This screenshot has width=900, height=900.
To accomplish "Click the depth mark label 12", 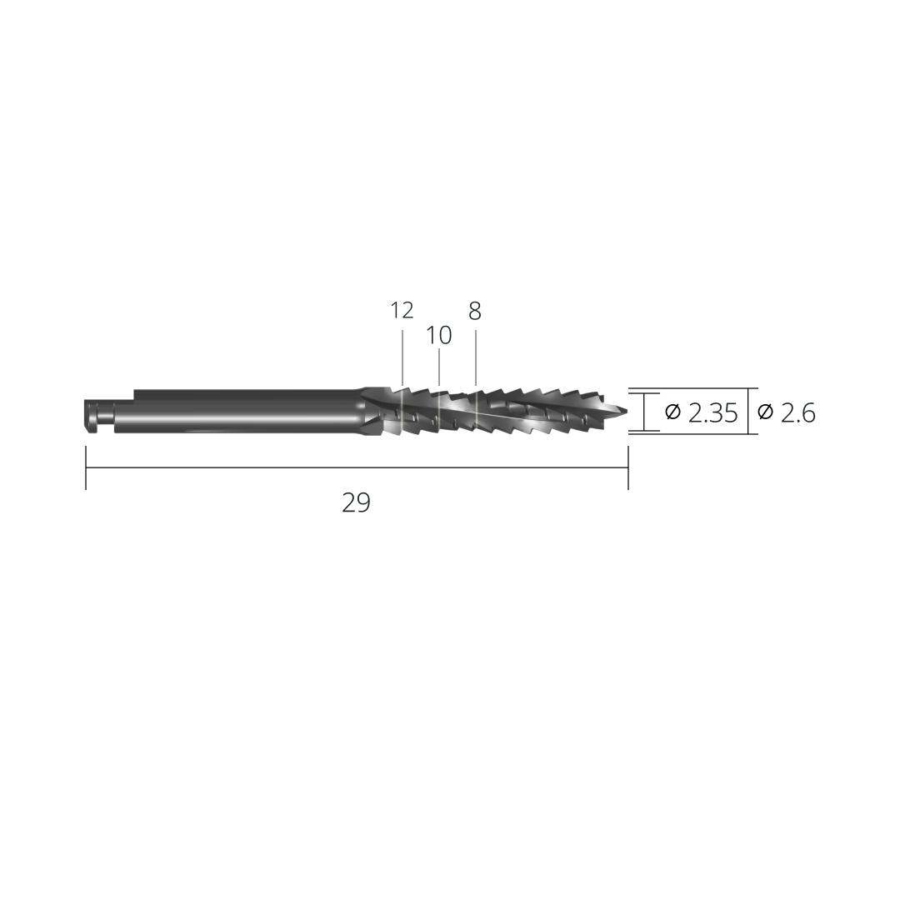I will pos(402,311).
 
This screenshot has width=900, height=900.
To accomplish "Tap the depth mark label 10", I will pos(438,336).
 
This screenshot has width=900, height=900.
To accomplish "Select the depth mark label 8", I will pos(475,312).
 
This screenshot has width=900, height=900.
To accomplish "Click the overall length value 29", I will pos(356,502).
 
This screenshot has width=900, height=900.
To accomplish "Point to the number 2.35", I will pos(713,412).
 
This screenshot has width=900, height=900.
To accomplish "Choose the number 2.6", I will pos(798,412).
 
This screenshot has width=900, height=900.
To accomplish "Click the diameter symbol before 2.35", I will pos(672,412).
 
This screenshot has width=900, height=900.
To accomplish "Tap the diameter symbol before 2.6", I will pos(765,412).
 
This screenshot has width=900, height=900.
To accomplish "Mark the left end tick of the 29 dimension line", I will pos(86,467).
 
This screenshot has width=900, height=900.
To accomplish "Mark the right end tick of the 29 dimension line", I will pos(627,467).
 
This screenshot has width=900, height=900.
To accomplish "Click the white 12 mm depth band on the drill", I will pos(402,412).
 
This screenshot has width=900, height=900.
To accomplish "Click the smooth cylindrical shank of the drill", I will pos(242,411).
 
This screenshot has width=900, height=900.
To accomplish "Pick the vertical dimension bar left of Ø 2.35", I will pos(644,412).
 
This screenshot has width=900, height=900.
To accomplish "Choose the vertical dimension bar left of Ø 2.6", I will pos(747,412).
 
